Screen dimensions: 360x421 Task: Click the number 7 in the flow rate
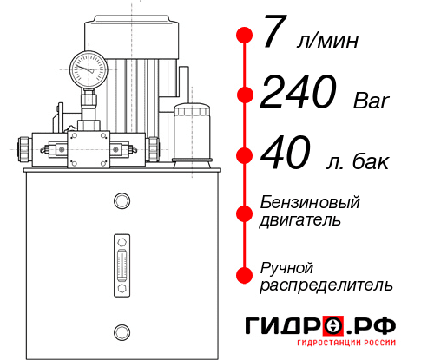[x=274, y=36]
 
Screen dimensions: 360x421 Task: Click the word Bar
[x=372, y=102]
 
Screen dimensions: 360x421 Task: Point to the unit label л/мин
[x=326, y=41]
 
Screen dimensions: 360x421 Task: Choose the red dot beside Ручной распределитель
[x=246, y=274]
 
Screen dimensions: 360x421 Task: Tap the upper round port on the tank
[x=121, y=201]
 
